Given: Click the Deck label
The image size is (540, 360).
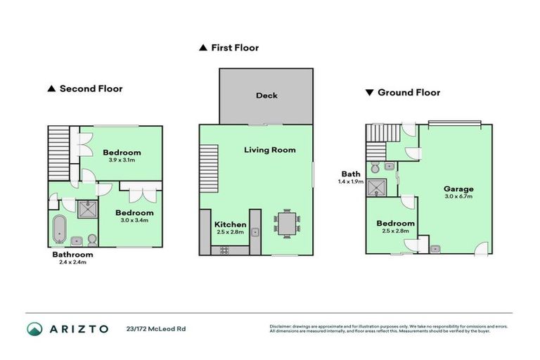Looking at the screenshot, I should pos(266,96).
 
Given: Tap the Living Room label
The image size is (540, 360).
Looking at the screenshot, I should pos(270,150).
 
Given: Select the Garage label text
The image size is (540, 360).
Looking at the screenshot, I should pos(458,188).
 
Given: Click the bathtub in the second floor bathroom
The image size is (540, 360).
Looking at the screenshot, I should pos(58,230).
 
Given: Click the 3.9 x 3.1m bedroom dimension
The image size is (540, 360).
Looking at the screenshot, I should pos(122,160).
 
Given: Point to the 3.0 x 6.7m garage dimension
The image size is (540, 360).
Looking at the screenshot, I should pos(458,196).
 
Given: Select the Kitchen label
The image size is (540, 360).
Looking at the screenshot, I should pos(230,225).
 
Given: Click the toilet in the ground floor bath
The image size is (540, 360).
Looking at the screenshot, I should pos(377,168).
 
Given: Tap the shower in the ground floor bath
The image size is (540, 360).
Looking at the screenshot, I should pos(380,186).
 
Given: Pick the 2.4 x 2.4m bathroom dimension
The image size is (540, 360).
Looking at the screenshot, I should pos(73,263).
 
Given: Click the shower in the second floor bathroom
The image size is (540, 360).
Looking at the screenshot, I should pos(89,207).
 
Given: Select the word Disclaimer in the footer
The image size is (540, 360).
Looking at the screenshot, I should pos(281,326).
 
